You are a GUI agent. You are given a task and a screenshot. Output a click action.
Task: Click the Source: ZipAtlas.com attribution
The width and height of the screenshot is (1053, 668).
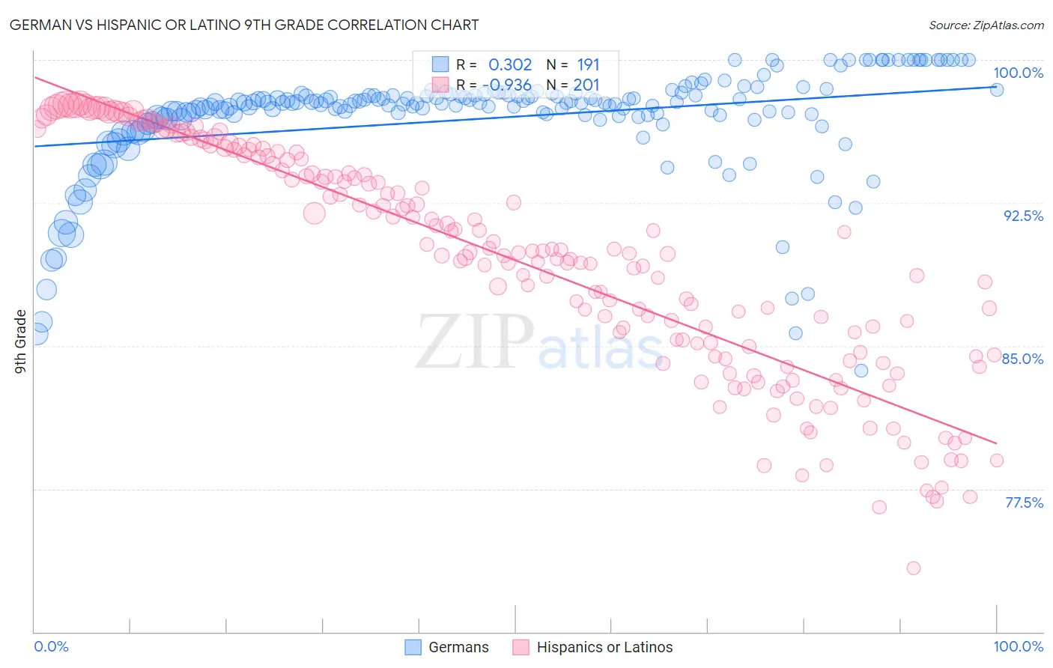986,25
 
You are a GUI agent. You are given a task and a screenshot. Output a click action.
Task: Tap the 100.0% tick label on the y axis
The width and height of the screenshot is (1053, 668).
1018,73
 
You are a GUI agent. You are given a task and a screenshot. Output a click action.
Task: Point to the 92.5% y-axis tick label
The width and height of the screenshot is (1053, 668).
1023,216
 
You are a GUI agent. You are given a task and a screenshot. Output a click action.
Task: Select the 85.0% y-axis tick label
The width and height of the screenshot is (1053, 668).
1022,359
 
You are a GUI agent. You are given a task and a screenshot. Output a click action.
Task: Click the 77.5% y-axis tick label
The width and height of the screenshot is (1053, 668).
1024,502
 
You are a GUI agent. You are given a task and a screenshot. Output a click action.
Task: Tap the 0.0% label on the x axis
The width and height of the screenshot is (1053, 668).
51,646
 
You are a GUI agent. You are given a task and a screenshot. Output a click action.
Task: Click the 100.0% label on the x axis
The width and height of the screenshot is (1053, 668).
1018,646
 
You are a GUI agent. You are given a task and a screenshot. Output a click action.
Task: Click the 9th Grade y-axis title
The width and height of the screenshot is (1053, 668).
20,341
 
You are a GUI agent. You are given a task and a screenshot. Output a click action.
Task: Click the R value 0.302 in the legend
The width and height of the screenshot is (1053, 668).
510,65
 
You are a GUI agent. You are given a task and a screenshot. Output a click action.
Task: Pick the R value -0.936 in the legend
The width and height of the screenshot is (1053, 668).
508,85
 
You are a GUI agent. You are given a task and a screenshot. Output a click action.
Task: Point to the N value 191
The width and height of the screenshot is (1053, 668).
588,65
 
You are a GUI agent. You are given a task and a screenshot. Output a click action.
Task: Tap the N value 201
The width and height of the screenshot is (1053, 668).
586,85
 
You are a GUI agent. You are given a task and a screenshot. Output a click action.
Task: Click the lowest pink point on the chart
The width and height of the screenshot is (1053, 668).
913,568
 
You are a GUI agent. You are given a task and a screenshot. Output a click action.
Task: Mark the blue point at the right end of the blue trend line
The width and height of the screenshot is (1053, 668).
997,89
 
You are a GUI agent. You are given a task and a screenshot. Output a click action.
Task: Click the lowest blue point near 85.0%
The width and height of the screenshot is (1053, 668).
861,371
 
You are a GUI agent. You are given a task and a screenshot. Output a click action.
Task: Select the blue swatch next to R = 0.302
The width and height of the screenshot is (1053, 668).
440,65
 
